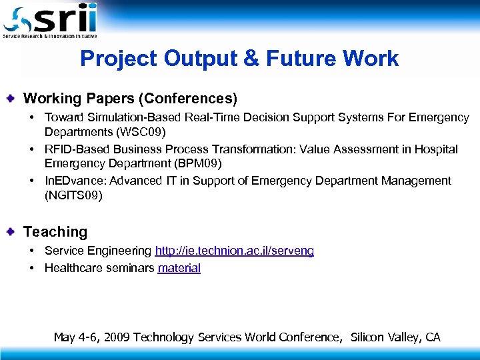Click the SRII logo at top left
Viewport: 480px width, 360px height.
click(50, 20)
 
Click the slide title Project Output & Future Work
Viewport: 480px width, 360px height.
click(239, 59)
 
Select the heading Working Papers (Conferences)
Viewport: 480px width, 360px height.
click(130, 99)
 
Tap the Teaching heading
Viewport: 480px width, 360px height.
click(55, 232)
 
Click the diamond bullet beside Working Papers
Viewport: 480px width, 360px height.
click(12, 99)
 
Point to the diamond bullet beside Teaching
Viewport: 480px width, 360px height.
click(12, 232)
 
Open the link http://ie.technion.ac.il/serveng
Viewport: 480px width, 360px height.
click(234, 251)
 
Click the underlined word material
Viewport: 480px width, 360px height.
click(179, 267)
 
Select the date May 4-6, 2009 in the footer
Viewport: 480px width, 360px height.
click(91, 337)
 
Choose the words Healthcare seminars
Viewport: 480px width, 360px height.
click(99, 267)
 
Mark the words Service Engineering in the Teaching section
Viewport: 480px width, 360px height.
click(98, 251)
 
